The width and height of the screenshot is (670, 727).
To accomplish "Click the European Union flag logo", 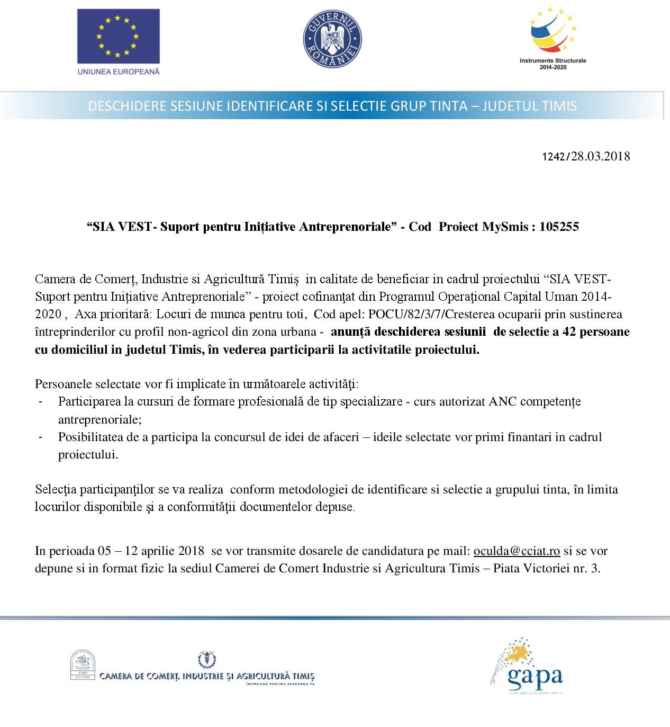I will [118, 36].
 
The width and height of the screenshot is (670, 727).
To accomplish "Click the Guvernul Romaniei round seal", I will [332, 39].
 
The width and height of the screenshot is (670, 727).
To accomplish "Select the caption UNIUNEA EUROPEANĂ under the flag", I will [119, 71].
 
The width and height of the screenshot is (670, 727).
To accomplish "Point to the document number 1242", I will [554, 157].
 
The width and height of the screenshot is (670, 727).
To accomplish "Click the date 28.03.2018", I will [601, 156].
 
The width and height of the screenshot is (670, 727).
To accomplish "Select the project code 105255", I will [559, 227].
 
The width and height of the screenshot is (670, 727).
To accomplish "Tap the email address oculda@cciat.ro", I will [517, 551].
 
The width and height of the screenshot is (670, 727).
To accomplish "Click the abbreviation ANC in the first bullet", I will [502, 401].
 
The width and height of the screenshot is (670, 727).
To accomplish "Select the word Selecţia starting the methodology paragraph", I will [56, 489].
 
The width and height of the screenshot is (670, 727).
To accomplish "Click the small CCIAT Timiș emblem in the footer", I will [83, 665].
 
